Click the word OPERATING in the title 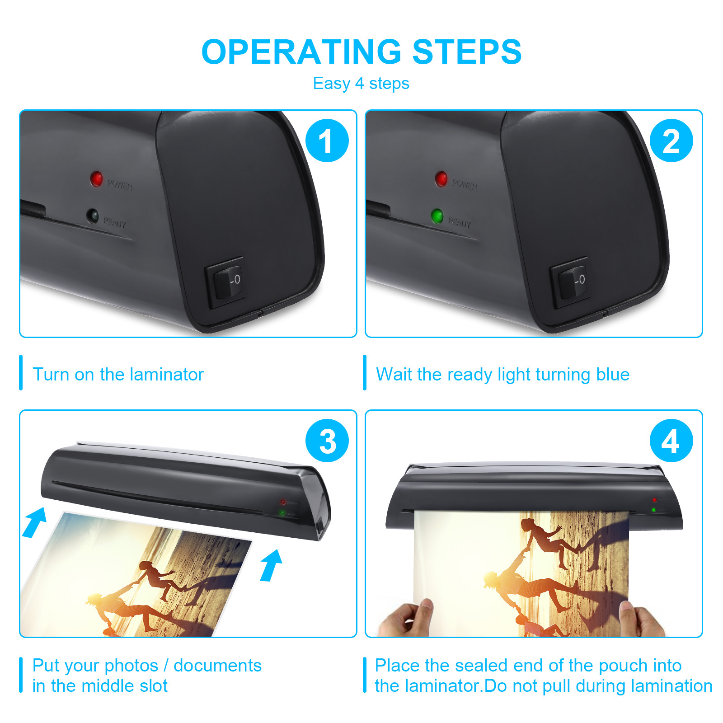[301, 52]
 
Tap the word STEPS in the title [467, 52]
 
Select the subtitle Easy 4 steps [361, 84]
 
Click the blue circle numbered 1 [327, 141]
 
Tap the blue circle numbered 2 [671, 141]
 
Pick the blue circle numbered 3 [327, 441]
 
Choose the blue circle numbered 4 [671, 441]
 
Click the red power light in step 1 [96, 179]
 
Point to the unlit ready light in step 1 [93, 216]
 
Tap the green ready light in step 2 [437, 216]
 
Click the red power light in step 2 [441, 179]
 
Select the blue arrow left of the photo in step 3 [35, 523]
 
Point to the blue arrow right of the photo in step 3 [271, 565]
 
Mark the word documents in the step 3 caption [217, 665]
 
